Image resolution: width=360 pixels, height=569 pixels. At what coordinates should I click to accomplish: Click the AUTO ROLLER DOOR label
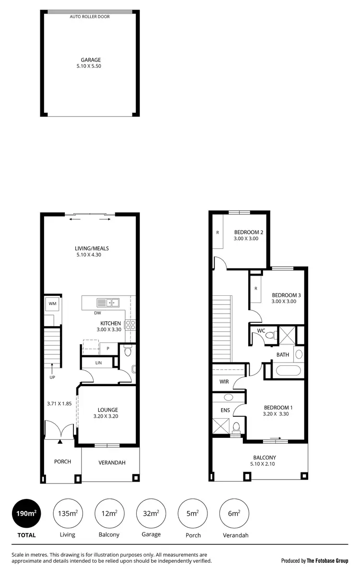(x=90, y=16)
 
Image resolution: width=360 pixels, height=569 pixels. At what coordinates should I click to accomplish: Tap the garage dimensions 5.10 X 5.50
(x=90, y=66)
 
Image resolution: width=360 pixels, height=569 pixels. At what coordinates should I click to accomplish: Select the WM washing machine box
(x=52, y=304)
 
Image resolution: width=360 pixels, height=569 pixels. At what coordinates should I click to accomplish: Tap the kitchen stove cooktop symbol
(x=130, y=324)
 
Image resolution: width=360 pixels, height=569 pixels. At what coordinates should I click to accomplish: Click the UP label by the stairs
(x=52, y=377)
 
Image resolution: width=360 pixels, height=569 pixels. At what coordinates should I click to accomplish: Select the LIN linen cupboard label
(x=98, y=363)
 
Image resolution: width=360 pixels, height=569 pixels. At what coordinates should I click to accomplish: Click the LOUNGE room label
(x=106, y=410)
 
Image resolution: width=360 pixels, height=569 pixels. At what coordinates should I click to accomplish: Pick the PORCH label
(x=62, y=461)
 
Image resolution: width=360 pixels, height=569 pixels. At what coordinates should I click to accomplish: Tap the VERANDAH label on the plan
(x=112, y=463)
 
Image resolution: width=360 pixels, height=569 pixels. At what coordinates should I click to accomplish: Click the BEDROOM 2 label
(x=249, y=232)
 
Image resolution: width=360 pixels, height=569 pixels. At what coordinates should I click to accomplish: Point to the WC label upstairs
(x=261, y=330)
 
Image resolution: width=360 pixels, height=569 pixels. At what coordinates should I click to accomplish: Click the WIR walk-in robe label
(x=224, y=382)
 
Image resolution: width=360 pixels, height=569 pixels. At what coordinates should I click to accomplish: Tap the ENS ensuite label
(x=225, y=411)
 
